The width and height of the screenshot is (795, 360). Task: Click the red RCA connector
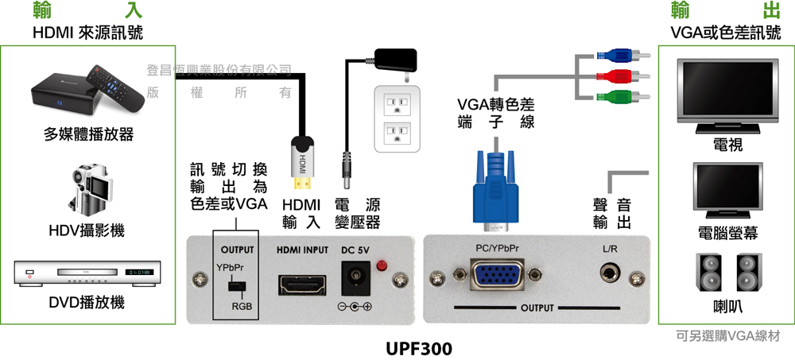(623, 76)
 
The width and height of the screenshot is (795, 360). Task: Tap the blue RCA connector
(623, 54)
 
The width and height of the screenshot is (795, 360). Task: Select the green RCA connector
(623, 96)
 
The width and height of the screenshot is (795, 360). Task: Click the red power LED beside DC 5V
(382, 265)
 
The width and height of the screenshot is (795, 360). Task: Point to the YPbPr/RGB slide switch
(235, 286)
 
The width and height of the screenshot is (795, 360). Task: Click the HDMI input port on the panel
(301, 284)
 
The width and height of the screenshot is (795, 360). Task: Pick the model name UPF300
(419, 350)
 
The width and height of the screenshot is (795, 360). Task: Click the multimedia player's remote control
(114, 88)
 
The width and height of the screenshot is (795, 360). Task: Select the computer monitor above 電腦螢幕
(727, 190)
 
